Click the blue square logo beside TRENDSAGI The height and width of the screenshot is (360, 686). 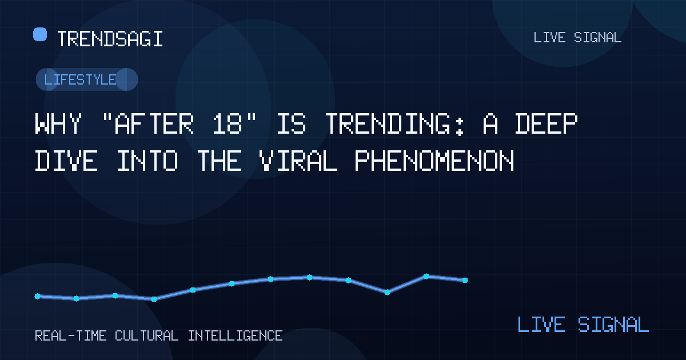click(x=40, y=34)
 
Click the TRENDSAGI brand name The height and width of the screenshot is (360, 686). click(x=110, y=39)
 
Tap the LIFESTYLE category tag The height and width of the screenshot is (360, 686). click(x=87, y=79)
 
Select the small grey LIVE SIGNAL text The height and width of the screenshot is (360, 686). click(x=577, y=38)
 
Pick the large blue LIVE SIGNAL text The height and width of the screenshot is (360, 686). click(x=583, y=325)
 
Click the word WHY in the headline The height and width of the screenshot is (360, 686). click(x=58, y=123)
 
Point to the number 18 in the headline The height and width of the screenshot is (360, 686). click(x=228, y=123)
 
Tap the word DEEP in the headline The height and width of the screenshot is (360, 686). click(x=546, y=123)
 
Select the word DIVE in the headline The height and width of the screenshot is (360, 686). click(x=66, y=161)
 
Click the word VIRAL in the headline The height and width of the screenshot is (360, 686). click(x=298, y=161)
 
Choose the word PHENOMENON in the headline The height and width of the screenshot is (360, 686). click(x=434, y=161)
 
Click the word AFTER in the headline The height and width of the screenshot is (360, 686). click(x=154, y=123)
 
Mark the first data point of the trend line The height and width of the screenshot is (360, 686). click(x=37, y=296)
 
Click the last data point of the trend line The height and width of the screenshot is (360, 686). click(x=465, y=280)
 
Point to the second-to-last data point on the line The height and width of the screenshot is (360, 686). click(x=426, y=276)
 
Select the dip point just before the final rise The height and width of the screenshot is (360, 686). click(x=387, y=293)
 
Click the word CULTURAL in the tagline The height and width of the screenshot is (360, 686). click(x=147, y=336)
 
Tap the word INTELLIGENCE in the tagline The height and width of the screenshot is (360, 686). click(x=235, y=336)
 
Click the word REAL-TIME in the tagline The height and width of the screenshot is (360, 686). click(x=71, y=336)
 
